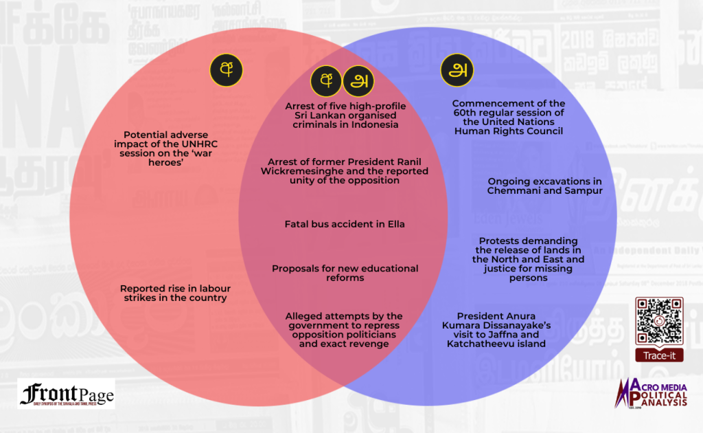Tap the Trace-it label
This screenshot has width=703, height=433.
point(658,355)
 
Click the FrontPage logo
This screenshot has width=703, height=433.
point(67,394)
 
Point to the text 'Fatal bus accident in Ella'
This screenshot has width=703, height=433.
point(345,224)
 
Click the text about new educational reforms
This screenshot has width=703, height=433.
point(345,273)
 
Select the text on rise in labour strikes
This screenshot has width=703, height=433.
point(174,293)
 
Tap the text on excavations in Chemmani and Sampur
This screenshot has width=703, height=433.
point(545,186)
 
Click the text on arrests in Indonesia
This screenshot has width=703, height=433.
point(345,115)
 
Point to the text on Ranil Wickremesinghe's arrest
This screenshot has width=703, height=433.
point(345,171)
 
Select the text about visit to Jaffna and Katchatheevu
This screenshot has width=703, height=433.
point(501,329)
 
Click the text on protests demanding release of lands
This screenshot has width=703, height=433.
point(529,259)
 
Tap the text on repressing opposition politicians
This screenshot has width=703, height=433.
point(344,329)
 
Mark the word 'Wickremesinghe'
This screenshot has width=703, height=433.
point(303,171)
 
